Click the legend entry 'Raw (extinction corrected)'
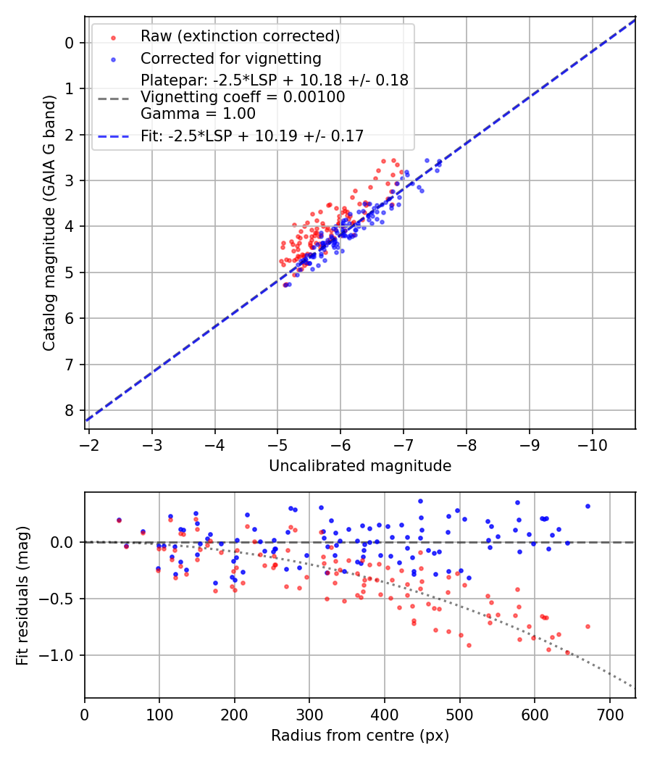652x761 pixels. coord(240,36)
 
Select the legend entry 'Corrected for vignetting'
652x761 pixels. coord(230,58)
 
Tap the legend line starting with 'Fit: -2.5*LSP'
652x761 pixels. coord(251,136)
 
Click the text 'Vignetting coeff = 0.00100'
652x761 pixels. coord(243,97)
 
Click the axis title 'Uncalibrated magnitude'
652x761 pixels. coord(360,466)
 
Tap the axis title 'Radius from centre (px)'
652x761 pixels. coord(360,736)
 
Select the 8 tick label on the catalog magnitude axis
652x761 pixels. coord(70,410)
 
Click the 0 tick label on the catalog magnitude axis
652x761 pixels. coord(70,43)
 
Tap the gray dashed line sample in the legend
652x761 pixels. coord(112,97)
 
